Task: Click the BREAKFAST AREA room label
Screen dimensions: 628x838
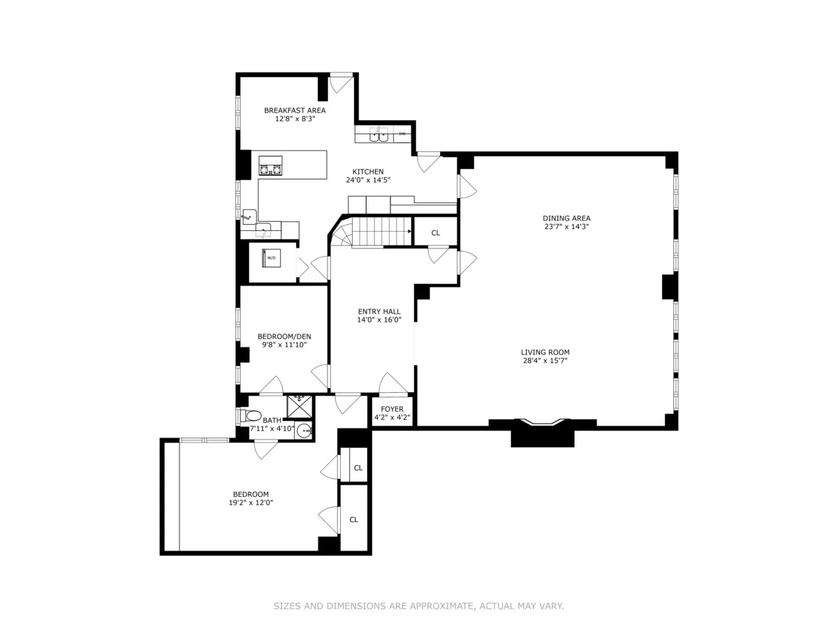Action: [x=294, y=110]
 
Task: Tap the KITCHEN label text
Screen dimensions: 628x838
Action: [x=367, y=172]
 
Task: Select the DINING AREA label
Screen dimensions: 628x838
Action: [x=567, y=218]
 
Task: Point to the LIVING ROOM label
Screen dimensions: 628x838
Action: [x=545, y=352]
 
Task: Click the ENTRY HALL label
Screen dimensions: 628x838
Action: [x=379, y=312]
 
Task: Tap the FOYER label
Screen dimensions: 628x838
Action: [x=392, y=410]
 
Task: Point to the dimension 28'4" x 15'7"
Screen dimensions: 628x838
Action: [x=545, y=361]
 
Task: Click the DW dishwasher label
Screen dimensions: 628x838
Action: [x=402, y=133]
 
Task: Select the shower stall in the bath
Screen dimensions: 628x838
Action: [x=300, y=405]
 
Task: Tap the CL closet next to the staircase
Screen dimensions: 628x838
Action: [x=436, y=233]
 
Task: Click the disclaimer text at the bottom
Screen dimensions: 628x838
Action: [x=418, y=606]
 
